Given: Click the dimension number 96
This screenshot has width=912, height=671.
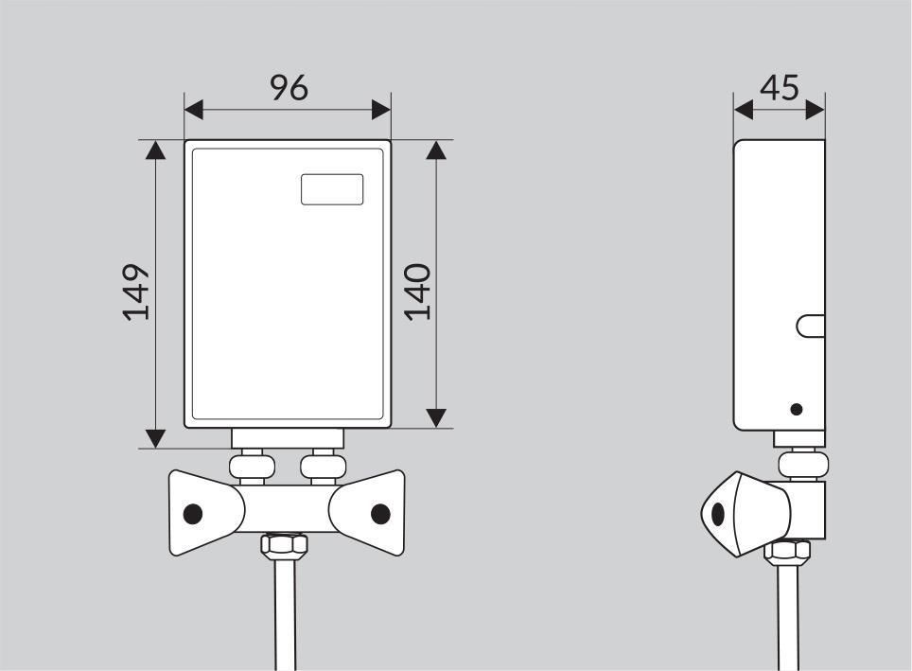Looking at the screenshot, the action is (x=289, y=88).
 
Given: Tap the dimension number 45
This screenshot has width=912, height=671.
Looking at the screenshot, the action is (x=780, y=88).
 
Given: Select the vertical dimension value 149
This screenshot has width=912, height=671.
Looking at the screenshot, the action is (x=136, y=292).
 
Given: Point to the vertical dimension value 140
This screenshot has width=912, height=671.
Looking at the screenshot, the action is (x=417, y=292).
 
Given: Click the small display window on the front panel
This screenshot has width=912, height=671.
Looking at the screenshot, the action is (x=332, y=189).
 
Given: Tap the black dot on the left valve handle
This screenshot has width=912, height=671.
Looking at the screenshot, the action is (x=192, y=514).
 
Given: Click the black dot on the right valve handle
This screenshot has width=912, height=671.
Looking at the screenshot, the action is (x=380, y=514).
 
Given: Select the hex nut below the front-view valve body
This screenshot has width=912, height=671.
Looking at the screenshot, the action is (x=284, y=545).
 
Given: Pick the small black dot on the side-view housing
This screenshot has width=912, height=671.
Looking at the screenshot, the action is (x=797, y=409).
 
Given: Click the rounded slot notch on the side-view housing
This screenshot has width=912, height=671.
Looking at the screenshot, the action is (x=811, y=326).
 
